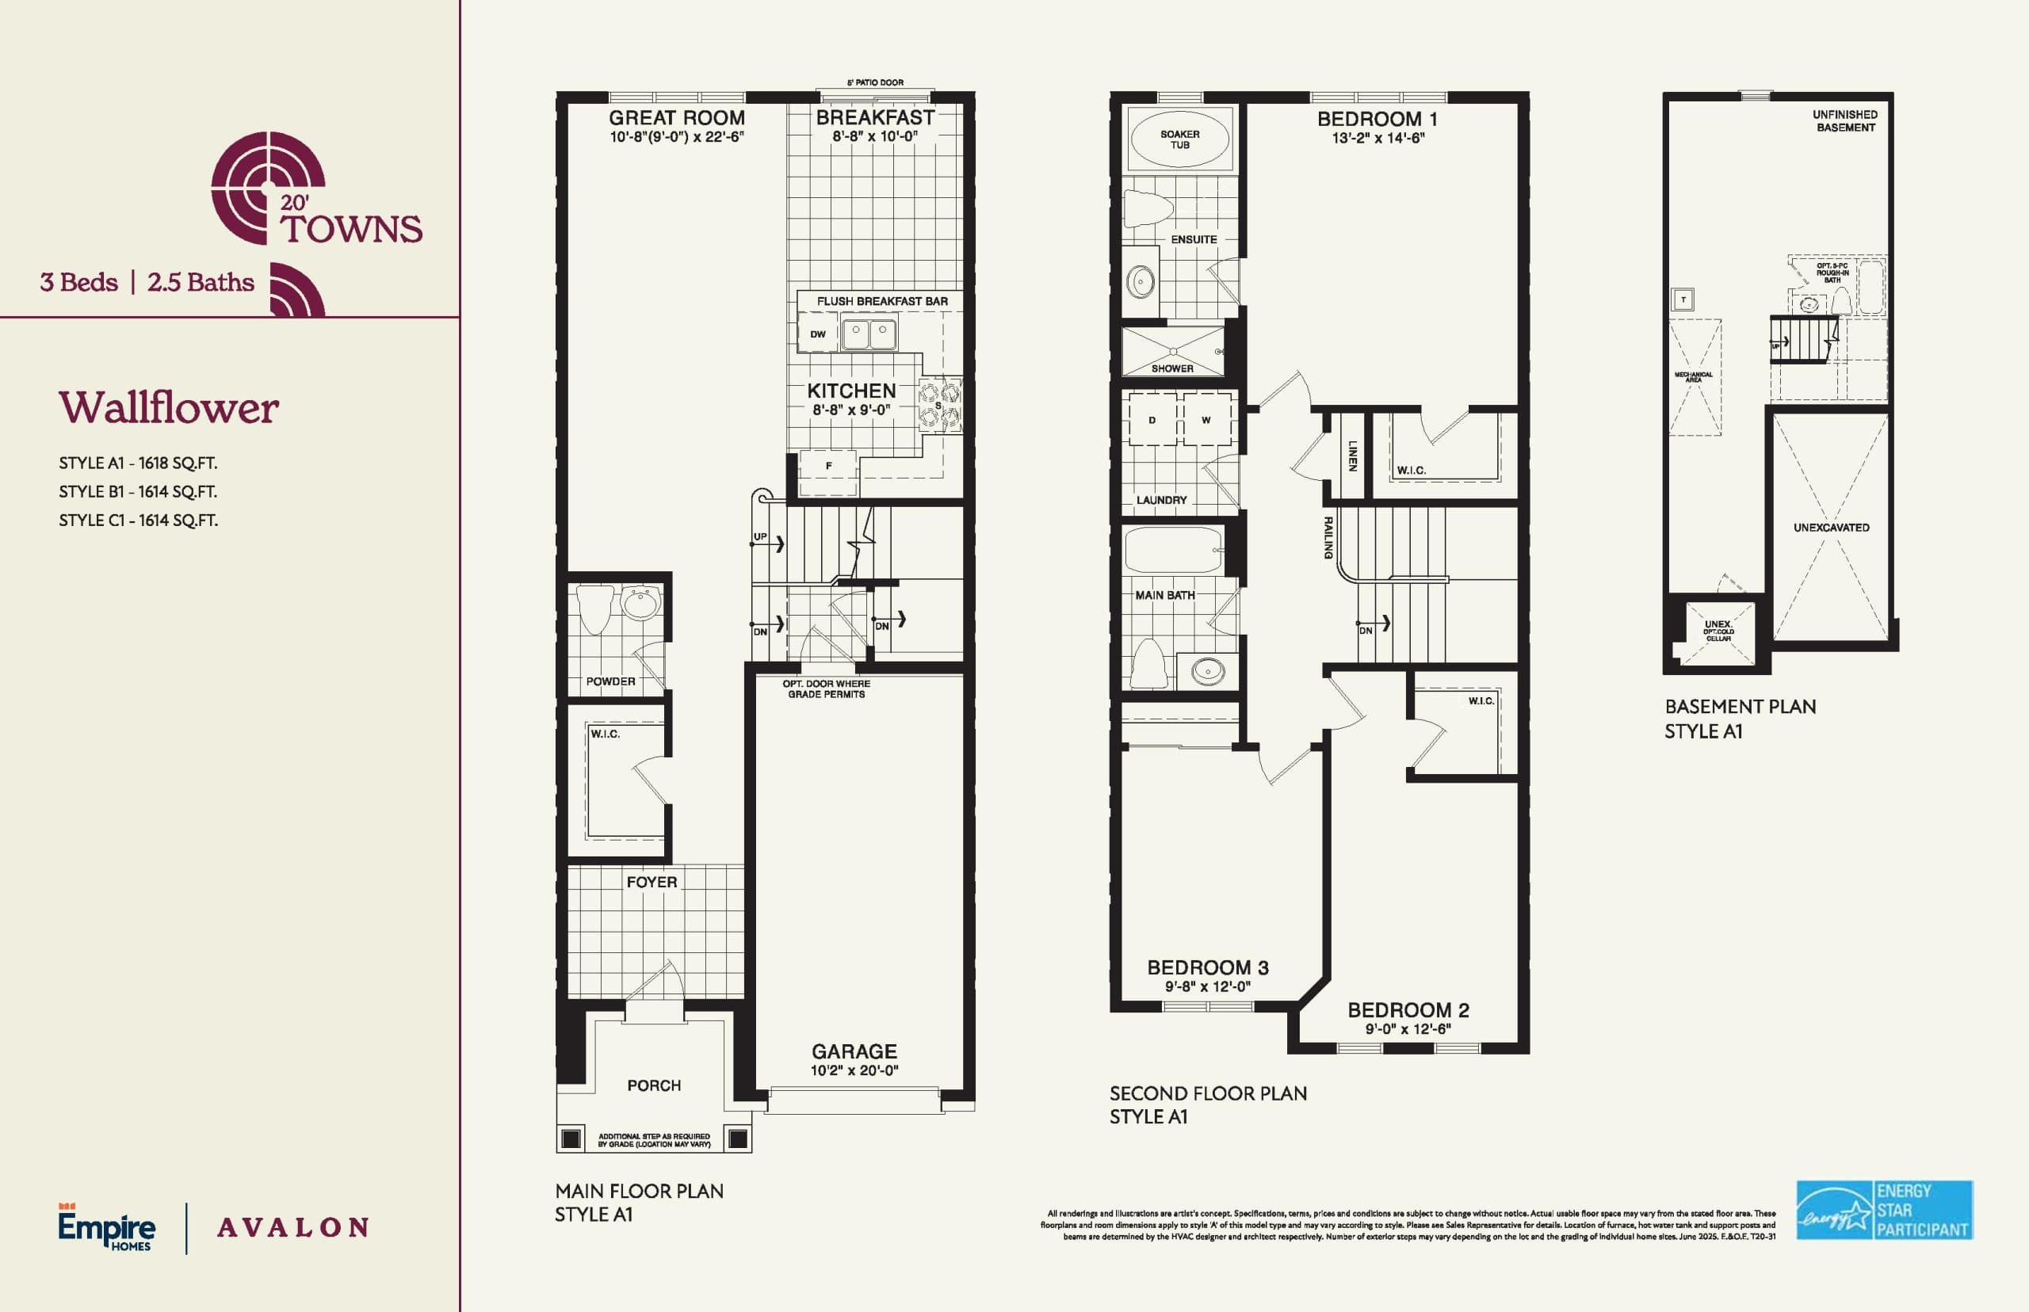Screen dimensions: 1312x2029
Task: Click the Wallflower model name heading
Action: pyautogui.click(x=169, y=408)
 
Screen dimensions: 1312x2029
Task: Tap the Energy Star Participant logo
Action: pyautogui.click(x=1884, y=1210)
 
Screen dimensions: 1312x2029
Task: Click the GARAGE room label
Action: pyautogui.click(x=854, y=1051)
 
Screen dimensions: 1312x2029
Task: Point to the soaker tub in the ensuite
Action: pyautogui.click(x=1179, y=139)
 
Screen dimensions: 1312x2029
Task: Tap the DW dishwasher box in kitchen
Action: pyautogui.click(x=817, y=334)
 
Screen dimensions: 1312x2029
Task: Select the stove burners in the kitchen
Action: pyautogui.click(x=939, y=406)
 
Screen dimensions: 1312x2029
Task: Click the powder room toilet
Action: pyautogui.click(x=594, y=608)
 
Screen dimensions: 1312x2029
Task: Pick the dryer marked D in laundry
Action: pyautogui.click(x=1152, y=420)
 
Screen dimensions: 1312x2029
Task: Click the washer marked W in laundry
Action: pyautogui.click(x=1206, y=420)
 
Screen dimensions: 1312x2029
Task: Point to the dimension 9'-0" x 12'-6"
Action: pyautogui.click(x=1408, y=1029)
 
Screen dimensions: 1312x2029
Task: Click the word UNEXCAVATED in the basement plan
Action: pyautogui.click(x=1830, y=528)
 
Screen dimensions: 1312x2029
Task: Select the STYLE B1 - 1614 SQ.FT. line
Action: pyautogui.click(x=138, y=491)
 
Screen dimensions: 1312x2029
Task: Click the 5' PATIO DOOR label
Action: pyautogui.click(x=875, y=82)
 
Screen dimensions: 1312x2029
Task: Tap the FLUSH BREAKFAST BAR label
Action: pyautogui.click(x=882, y=302)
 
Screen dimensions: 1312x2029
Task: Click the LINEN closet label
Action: pyautogui.click(x=1351, y=456)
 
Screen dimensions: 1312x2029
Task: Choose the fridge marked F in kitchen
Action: pyautogui.click(x=828, y=466)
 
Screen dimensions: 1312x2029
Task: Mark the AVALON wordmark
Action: pyautogui.click(x=293, y=1228)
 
